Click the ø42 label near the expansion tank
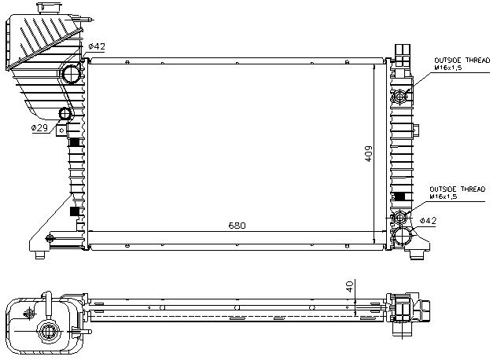[97, 47]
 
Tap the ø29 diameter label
[40, 127]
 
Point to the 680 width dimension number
[237, 226]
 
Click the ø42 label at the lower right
[428, 221]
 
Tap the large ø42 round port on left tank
[71, 75]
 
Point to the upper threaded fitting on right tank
[400, 97]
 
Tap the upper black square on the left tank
[75, 143]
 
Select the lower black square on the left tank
[75, 211]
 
